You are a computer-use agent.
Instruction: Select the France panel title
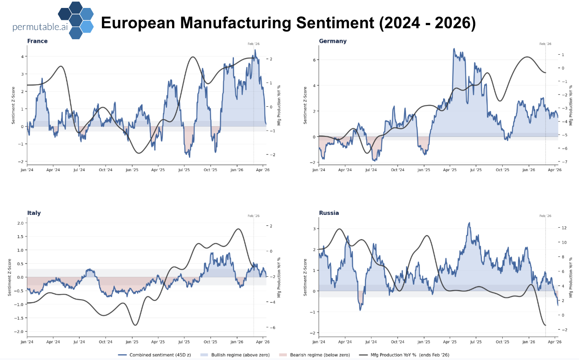click(37, 41)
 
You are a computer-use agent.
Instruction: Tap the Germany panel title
click(333, 41)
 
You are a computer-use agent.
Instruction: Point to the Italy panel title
click(34, 213)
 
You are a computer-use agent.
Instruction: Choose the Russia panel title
click(329, 213)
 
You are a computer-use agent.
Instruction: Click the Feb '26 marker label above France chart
click(253, 44)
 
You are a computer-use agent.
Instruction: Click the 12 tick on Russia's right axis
click(564, 228)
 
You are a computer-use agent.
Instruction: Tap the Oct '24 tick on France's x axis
click(105, 169)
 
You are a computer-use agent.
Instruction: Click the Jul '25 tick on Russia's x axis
click(476, 341)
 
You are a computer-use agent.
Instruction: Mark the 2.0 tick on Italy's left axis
click(20, 223)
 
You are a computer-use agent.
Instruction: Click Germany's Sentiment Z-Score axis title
click(305, 105)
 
